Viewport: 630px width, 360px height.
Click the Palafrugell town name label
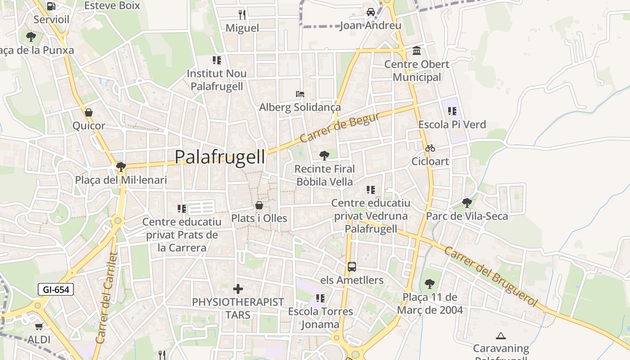(x=220, y=157)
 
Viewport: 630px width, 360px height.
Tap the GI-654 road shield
(x=56, y=289)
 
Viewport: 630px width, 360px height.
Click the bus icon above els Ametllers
(x=352, y=267)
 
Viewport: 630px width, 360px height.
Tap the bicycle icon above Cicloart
(x=430, y=148)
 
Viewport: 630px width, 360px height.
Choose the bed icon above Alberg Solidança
(x=300, y=94)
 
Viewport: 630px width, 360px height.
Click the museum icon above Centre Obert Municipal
(x=417, y=50)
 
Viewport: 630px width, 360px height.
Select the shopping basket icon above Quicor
(x=89, y=112)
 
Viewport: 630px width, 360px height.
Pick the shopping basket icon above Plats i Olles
(x=259, y=205)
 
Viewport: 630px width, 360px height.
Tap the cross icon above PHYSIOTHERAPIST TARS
(x=238, y=288)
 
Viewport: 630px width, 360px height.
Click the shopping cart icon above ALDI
(x=39, y=326)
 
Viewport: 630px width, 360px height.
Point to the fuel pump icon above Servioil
(x=51, y=6)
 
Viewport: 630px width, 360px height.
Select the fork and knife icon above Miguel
(x=242, y=14)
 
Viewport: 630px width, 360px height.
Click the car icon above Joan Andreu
(x=370, y=12)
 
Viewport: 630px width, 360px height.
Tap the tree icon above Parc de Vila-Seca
(x=467, y=203)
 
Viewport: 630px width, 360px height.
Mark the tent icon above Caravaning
(x=500, y=336)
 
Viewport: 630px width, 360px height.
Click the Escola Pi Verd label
(x=452, y=125)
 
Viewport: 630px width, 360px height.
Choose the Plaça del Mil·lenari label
(x=121, y=180)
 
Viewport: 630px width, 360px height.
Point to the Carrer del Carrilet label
(x=107, y=298)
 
